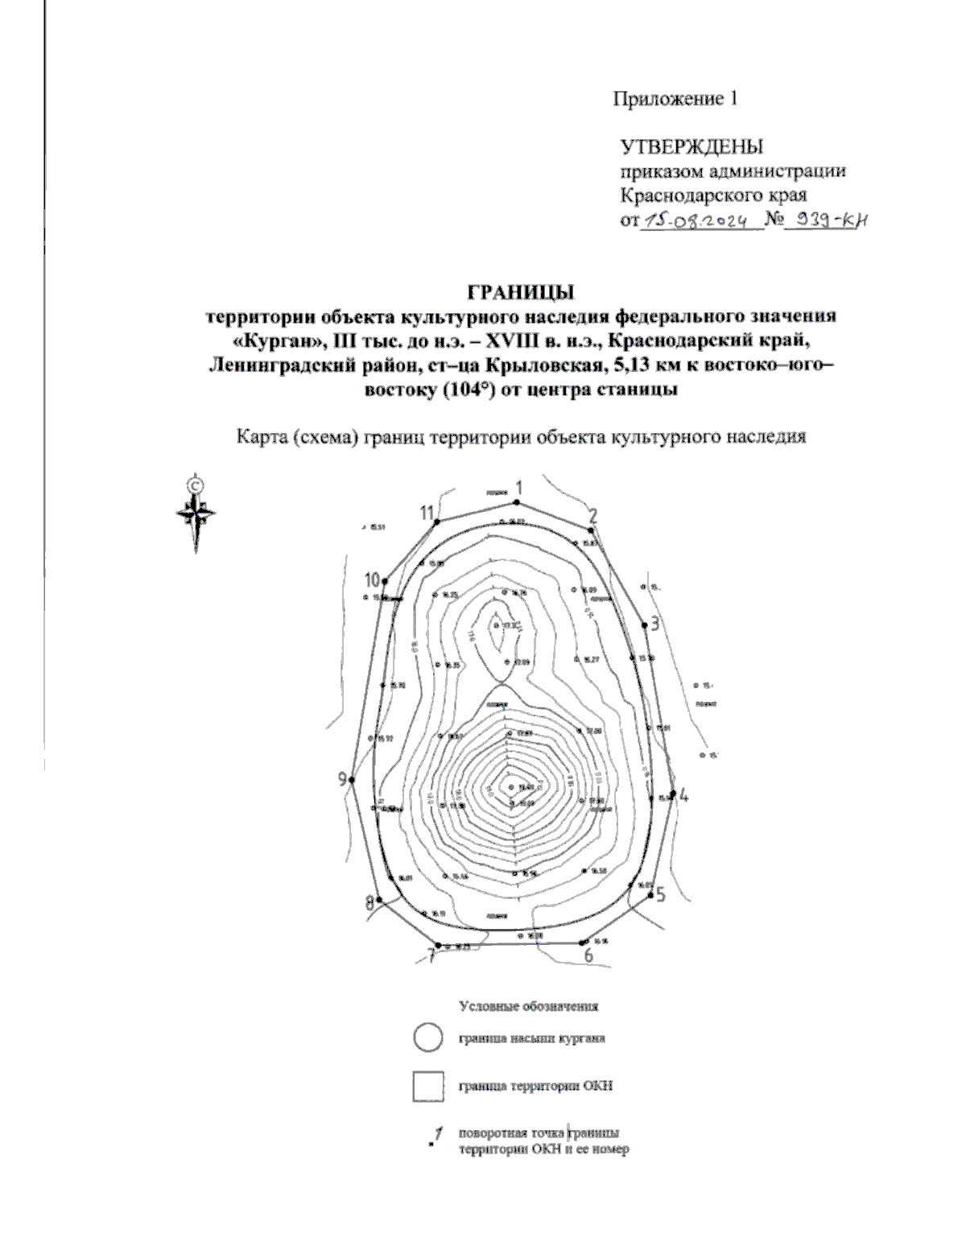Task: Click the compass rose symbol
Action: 196,514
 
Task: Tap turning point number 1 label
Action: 519,488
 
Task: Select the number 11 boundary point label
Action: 427,512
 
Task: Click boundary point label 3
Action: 655,624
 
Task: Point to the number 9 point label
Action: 343,779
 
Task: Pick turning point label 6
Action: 588,955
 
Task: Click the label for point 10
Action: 371,580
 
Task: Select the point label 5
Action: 660,894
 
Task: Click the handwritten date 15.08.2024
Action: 698,221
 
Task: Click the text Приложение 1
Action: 675,99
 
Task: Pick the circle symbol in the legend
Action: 427,1038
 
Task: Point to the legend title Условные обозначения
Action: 528,1006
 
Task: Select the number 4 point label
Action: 683,796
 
